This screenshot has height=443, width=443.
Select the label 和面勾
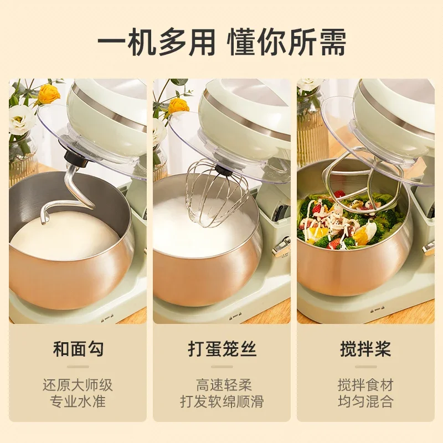pyautogui.click(x=78, y=349)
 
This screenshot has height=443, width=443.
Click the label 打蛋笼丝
pyautogui.click(x=221, y=349)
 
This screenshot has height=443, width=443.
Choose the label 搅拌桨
pyautogui.click(x=365, y=349)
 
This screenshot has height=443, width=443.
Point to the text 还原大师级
pyautogui.click(x=78, y=384)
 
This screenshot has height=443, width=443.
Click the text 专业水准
pyautogui.click(x=78, y=401)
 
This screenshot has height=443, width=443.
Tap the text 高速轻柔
pyautogui.click(x=221, y=384)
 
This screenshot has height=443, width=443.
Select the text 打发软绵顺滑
pyautogui.click(x=221, y=401)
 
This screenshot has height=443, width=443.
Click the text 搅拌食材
pyautogui.click(x=365, y=384)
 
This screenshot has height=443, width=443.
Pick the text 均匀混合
pyautogui.click(x=365, y=401)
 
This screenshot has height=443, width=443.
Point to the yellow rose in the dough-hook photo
pyautogui.click(x=49, y=94)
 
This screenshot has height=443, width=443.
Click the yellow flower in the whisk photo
pyautogui.click(x=178, y=105)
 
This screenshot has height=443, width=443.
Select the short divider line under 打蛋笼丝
pyautogui.click(x=221, y=367)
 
